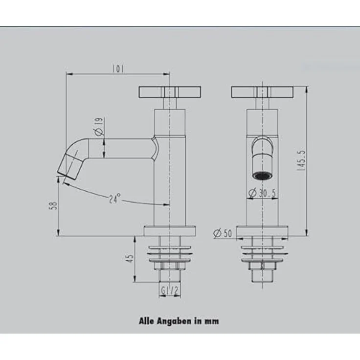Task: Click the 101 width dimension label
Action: [x=118, y=68]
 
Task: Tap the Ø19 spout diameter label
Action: [x=99, y=127]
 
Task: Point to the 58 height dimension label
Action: [x=53, y=205]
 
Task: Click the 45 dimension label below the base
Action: [x=130, y=258]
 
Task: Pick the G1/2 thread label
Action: [x=170, y=291]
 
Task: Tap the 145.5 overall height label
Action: [x=301, y=160]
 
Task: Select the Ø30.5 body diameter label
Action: [x=263, y=193]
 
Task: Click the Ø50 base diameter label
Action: [x=223, y=233]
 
